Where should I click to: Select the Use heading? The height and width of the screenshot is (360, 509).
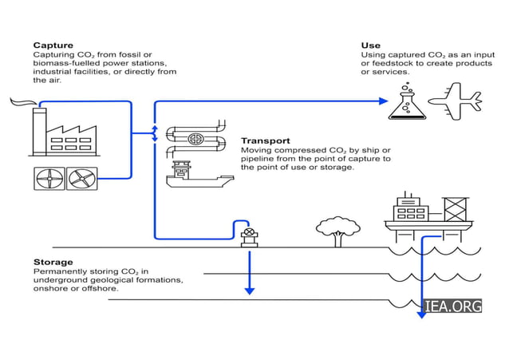tap(370, 45)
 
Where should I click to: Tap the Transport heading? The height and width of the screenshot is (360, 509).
tap(265, 140)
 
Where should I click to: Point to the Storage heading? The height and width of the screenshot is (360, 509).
tap(53, 262)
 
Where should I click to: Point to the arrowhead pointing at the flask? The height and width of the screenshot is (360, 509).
tap(382, 101)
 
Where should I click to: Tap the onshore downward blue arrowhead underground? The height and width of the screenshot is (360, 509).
tap(250, 291)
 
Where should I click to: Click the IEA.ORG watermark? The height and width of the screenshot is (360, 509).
tap(453, 307)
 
